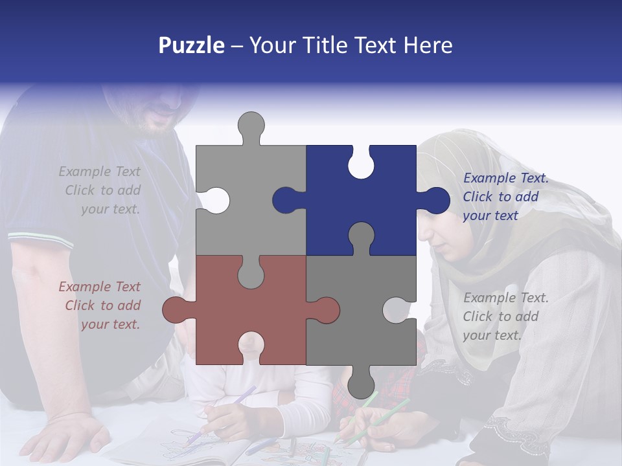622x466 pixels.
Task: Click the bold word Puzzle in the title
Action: click(191, 45)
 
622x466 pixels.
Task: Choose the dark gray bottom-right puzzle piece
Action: click(363, 324)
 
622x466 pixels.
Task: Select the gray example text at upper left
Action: click(100, 190)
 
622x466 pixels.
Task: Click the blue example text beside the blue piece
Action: click(505, 197)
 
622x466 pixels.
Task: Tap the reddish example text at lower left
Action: click(100, 305)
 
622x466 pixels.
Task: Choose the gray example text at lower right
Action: click(505, 316)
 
